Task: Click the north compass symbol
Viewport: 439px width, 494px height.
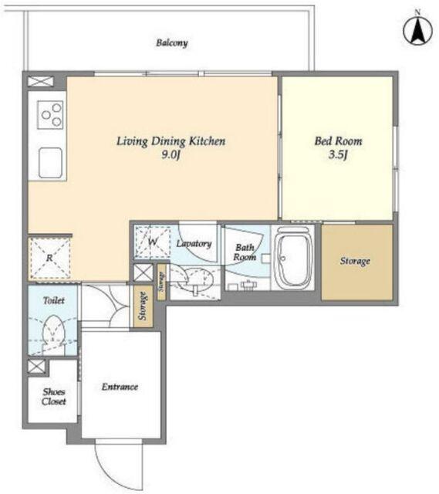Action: pyautogui.click(x=417, y=29)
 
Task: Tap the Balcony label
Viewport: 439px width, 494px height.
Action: pyautogui.click(x=172, y=43)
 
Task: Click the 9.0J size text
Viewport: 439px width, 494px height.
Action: pyautogui.click(x=171, y=154)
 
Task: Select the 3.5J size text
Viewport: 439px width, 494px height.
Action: pyautogui.click(x=338, y=154)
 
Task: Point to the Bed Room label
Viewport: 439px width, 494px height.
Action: pyautogui.click(x=338, y=140)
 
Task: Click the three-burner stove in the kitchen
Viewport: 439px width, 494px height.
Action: pyautogui.click(x=50, y=115)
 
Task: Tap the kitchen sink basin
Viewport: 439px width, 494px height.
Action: pyautogui.click(x=50, y=163)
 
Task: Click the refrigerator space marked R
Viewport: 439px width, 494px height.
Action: pyautogui.click(x=49, y=259)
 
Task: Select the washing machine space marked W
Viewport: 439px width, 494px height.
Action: pyautogui.click(x=153, y=242)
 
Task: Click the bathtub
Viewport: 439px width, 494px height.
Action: pyautogui.click(x=293, y=257)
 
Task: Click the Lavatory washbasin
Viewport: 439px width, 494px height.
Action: pyautogui.click(x=197, y=280)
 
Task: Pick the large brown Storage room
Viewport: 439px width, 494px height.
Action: pyautogui.click(x=357, y=262)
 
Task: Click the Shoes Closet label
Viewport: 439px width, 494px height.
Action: pyautogui.click(x=54, y=397)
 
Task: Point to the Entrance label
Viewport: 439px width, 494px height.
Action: pyautogui.click(x=120, y=387)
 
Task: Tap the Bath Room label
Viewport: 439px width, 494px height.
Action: pyautogui.click(x=245, y=252)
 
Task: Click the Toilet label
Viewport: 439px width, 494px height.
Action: pyautogui.click(x=54, y=300)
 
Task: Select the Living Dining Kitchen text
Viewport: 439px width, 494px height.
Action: pyautogui.click(x=171, y=141)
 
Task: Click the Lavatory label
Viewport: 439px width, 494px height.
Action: pyautogui.click(x=194, y=244)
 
